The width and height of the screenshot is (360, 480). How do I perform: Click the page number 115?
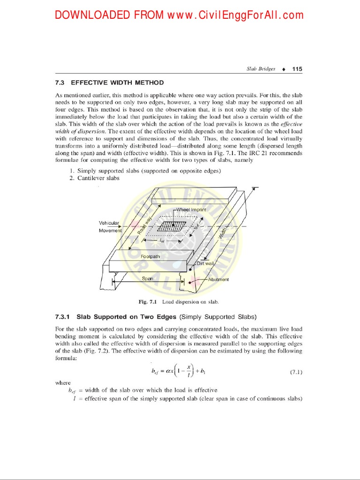297,69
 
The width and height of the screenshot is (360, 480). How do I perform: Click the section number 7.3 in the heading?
60,82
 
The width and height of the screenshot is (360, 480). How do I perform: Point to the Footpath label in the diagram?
150,256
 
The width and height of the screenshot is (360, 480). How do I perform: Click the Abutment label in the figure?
218,279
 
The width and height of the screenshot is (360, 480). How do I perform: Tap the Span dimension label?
148,278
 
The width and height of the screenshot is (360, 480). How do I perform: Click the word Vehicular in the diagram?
109,223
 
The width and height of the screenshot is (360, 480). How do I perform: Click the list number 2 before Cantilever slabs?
72,178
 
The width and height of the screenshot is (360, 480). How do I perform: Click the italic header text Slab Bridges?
261,69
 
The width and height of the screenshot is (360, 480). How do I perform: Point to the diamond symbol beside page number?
284,69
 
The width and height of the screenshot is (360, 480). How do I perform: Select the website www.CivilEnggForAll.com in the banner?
236,15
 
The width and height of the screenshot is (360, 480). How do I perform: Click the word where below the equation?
63,382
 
